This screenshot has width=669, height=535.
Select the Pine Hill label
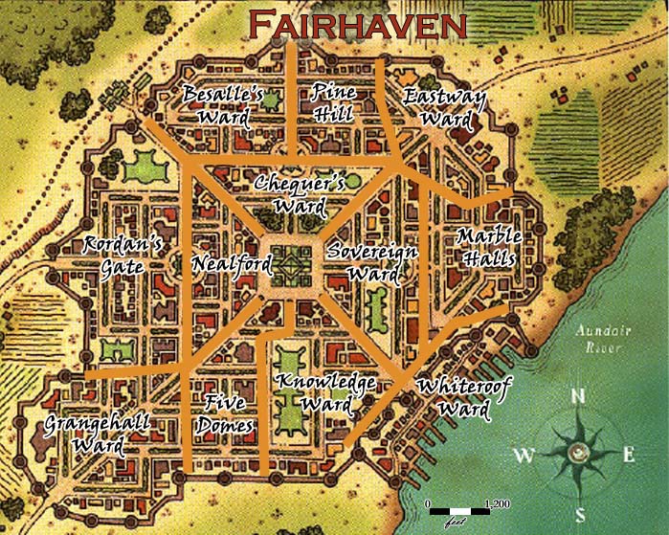coord(333,102)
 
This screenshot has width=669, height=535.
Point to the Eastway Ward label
coord(444,108)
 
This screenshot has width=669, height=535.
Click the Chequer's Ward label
coord(298,193)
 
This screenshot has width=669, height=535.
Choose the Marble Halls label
coord(488,247)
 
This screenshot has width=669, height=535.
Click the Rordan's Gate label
coord(122,255)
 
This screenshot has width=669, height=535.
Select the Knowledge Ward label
coord(325,393)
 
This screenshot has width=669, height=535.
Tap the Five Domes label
coord(227,413)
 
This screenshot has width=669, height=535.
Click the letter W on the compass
coord(524,457)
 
